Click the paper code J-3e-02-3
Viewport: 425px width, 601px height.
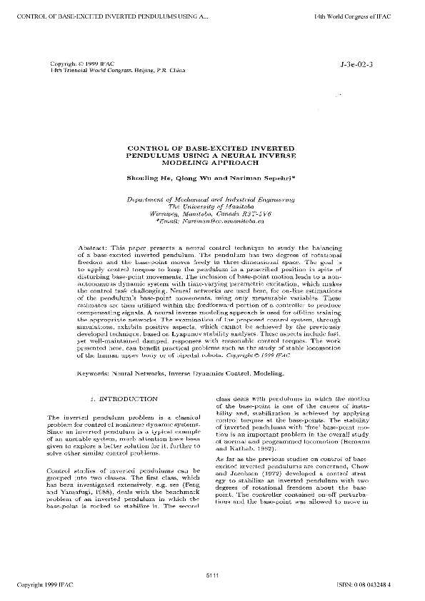[x=364, y=65]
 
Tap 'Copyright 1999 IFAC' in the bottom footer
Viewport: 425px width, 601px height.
[x=44, y=587]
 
